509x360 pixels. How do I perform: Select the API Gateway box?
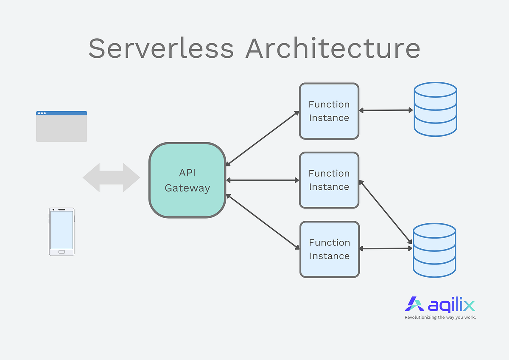[x=187, y=180]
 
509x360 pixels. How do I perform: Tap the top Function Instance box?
[x=329, y=111]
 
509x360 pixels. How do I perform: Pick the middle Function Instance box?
[x=329, y=180]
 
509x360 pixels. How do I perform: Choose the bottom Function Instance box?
[x=330, y=249]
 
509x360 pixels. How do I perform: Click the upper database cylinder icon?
[x=435, y=109]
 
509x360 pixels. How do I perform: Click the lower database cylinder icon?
[x=434, y=250]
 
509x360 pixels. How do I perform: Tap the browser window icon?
[x=62, y=127]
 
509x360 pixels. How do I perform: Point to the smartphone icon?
[x=62, y=231]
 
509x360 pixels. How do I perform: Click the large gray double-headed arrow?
[x=111, y=177]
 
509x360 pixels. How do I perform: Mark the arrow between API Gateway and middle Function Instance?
[x=263, y=180]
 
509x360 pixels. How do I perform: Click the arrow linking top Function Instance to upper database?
[x=386, y=110]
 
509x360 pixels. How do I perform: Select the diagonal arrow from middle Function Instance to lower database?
[x=386, y=212]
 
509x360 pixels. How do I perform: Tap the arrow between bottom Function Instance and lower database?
[x=386, y=248]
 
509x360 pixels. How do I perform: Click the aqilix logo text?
[x=451, y=305]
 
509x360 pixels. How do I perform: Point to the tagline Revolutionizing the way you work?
[x=440, y=317]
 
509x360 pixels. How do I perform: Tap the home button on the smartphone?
[x=62, y=252]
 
